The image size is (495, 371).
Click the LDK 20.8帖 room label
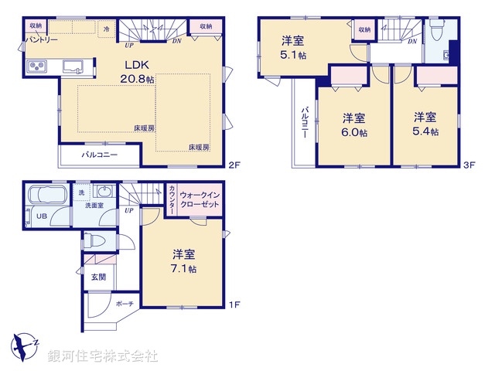click(x=137, y=70)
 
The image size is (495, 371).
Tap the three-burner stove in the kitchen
click(x=36, y=67)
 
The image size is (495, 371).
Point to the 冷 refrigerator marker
click(x=106, y=28)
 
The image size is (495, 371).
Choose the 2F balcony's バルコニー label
click(x=100, y=155)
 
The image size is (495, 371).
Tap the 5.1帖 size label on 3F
click(x=292, y=55)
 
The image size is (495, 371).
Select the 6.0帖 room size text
click(x=354, y=132)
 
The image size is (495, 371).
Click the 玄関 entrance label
click(x=98, y=277)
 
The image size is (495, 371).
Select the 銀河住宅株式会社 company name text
click(x=102, y=356)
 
